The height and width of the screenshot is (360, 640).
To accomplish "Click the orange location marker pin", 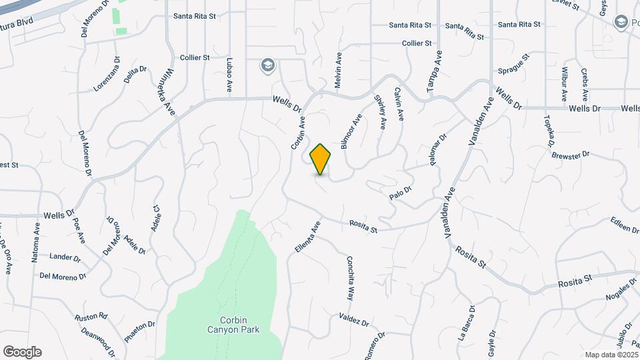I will click(x=321, y=159).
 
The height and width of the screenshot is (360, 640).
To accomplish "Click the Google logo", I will click(x=22, y=352).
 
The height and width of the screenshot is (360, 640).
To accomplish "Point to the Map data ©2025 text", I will click(x=610, y=355).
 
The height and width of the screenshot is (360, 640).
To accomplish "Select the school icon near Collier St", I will click(x=267, y=65).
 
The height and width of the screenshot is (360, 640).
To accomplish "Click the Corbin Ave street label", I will click(x=297, y=133).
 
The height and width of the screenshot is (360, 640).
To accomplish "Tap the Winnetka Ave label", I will click(x=170, y=93).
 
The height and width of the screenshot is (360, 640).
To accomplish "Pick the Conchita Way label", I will click(x=350, y=279).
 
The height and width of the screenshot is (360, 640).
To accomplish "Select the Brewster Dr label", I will click(x=571, y=154).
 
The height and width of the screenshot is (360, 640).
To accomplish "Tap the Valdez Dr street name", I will click(x=353, y=319).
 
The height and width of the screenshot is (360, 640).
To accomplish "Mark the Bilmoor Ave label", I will click(x=352, y=131).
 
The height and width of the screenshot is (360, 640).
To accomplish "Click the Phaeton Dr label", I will click(x=141, y=331).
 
